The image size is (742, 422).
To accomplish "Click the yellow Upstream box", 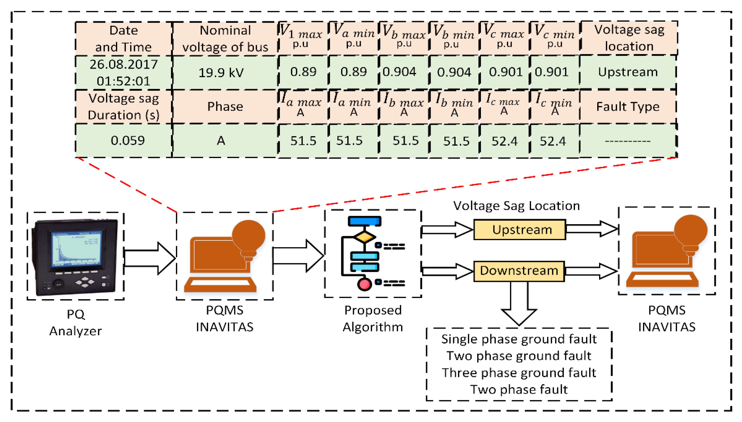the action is click(519, 230).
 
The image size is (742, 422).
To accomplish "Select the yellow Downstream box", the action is click(519, 271).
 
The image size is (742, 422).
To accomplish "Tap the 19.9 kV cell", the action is click(225, 73).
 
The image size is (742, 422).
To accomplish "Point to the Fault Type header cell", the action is click(628, 107).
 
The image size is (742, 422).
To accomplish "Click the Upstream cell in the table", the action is click(628, 72).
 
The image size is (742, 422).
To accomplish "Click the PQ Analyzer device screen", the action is click(76, 249).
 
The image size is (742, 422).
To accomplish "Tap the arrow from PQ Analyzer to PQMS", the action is click(150, 258).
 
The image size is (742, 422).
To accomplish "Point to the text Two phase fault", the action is click(519, 389).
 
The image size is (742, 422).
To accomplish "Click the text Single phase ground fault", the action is click(519, 339).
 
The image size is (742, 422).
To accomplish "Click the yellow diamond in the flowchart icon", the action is click(364, 237).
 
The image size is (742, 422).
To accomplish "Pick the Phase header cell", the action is click(225, 107).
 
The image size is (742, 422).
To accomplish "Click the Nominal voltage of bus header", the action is click(225, 39).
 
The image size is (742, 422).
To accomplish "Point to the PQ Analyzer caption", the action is click(76, 322).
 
